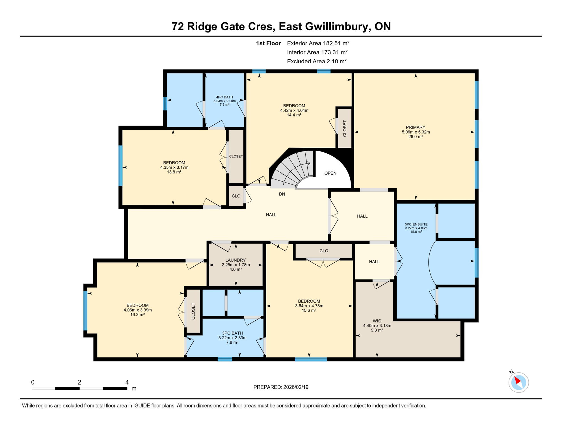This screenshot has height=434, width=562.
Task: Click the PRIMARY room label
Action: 415,127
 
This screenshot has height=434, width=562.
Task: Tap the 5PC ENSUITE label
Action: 416,224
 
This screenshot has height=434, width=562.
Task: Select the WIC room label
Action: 377,321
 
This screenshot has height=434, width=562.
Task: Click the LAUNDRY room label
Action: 235,260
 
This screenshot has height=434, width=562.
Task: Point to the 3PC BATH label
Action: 232,333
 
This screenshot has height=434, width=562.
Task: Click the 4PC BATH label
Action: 224,97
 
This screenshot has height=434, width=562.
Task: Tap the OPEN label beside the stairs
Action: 330,173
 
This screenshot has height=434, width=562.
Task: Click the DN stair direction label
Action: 282,194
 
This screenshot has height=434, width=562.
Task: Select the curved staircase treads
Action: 294,170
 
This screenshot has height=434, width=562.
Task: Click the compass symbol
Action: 518,382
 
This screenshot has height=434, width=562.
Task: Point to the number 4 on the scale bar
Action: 127,382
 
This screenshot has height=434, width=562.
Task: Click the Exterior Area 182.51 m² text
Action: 318,43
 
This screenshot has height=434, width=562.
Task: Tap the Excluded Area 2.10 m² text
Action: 317,61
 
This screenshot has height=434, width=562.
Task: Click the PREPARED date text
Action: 281,387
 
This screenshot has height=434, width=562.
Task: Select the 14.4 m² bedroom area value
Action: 294,115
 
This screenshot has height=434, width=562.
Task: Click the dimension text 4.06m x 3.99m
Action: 137,310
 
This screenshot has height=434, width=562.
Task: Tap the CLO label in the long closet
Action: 324,251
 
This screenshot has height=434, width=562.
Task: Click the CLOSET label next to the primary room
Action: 345,129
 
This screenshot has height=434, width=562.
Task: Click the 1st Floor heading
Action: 268,43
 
